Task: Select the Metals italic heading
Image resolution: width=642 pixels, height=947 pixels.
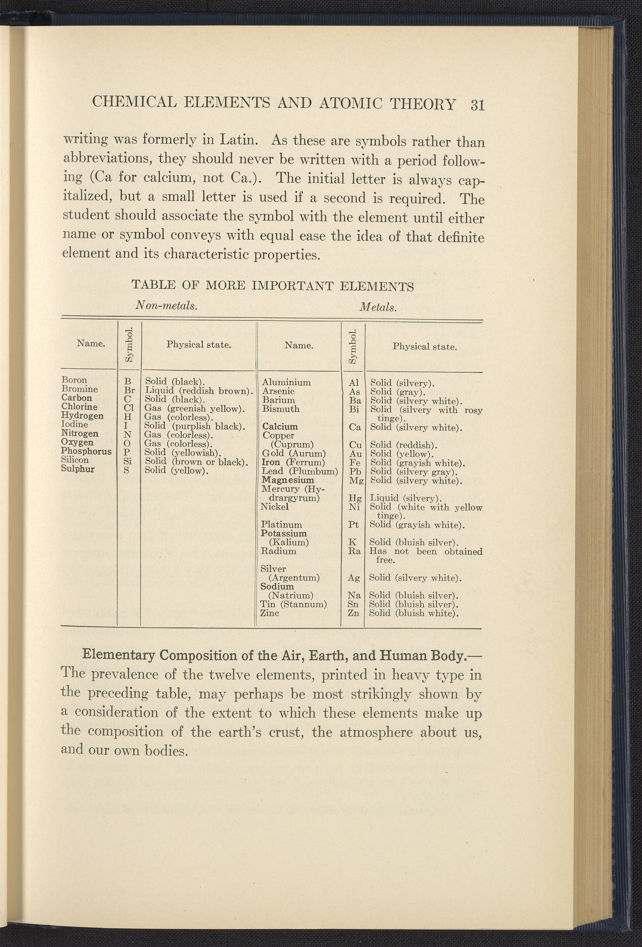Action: (378, 307)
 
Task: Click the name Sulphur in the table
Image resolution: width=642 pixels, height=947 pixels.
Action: (77, 469)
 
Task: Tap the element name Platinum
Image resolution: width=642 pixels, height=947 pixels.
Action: (281, 524)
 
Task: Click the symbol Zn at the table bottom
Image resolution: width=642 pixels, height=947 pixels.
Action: (353, 613)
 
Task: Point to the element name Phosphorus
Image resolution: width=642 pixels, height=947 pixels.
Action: (86, 452)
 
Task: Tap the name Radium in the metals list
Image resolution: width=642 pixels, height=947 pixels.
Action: (278, 551)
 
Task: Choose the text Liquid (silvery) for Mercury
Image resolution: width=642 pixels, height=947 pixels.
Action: (405, 498)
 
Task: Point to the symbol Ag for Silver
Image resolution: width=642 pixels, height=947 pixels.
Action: (353, 578)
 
